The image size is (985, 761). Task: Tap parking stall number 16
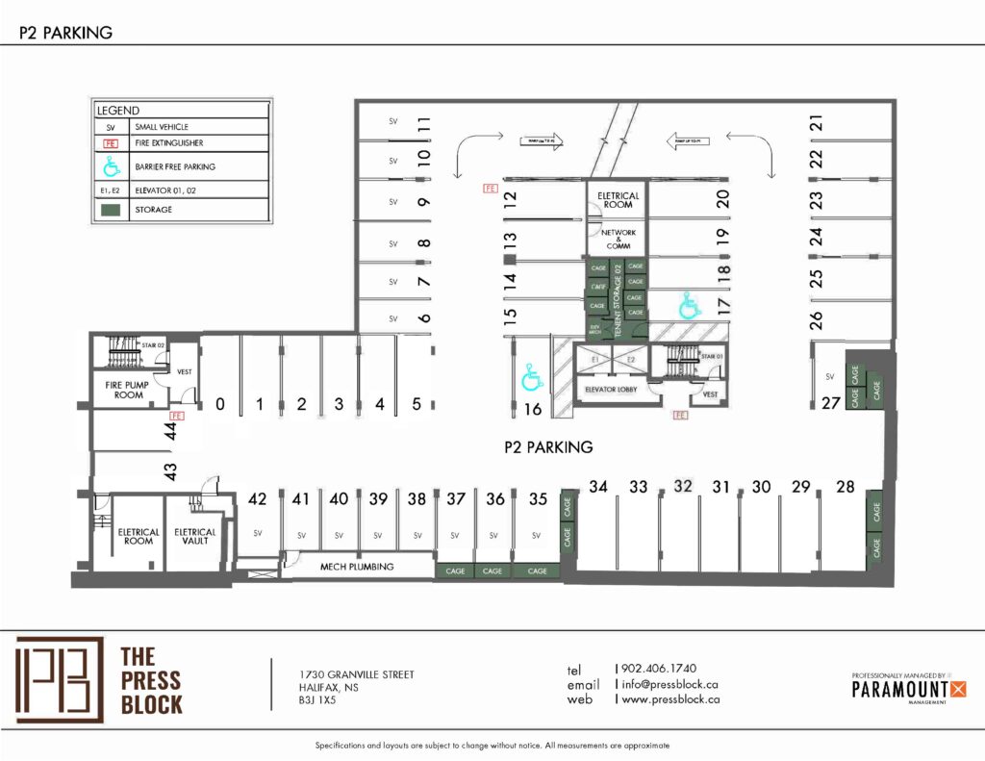click(x=535, y=410)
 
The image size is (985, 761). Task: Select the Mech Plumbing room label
click(x=357, y=567)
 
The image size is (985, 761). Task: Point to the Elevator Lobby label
click(x=613, y=390)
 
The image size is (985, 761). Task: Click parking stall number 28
click(x=846, y=487)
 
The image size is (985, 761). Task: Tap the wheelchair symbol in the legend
click(x=112, y=167)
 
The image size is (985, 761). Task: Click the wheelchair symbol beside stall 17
click(x=689, y=305)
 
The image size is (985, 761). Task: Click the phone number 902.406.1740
click(x=659, y=668)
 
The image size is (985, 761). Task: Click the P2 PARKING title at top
click(x=66, y=33)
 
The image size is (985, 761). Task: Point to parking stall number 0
click(x=220, y=405)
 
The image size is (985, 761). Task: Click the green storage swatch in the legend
click(x=112, y=210)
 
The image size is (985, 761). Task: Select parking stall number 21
click(x=817, y=123)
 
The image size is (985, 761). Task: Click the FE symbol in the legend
click(x=112, y=142)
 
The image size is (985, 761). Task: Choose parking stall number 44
click(x=171, y=435)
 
